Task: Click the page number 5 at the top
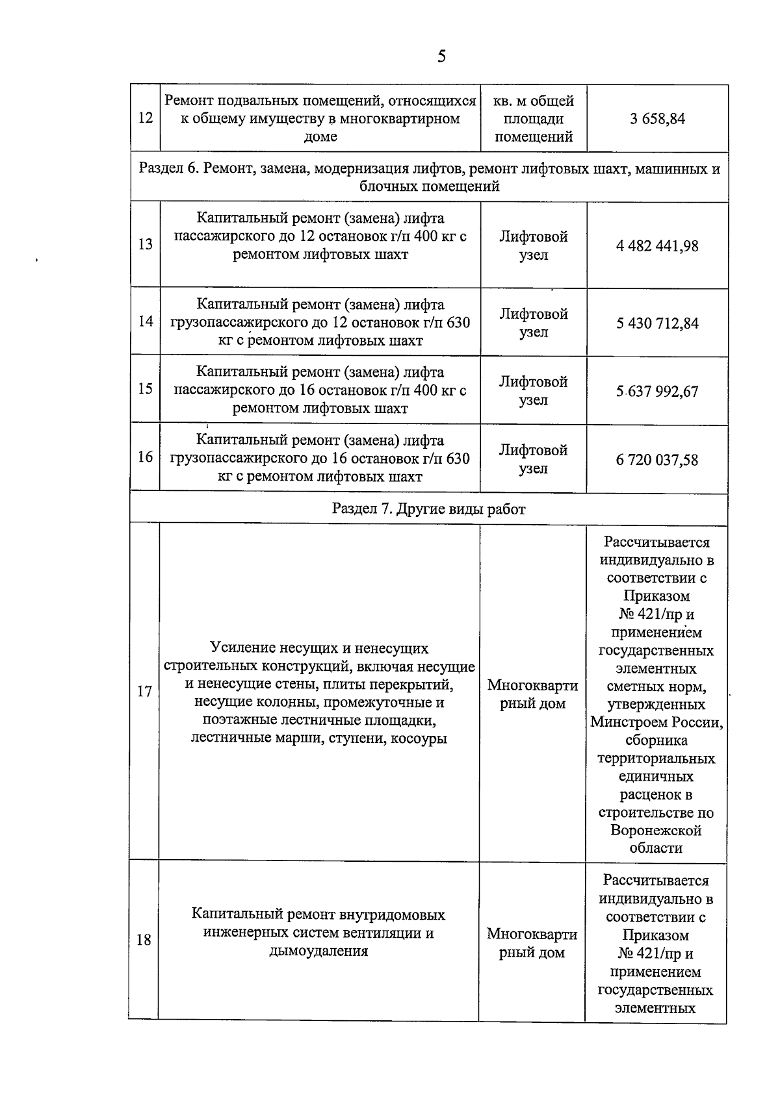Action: [441, 57]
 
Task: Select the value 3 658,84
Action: [657, 119]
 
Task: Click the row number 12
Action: [146, 118]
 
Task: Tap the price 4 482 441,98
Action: [657, 246]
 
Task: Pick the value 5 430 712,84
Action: [657, 323]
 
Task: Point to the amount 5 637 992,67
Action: [657, 392]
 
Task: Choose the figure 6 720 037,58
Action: [657, 460]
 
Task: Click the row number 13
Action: [146, 244]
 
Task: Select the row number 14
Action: [146, 321]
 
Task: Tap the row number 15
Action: [146, 389]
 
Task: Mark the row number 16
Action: [146, 457]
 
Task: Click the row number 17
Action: [144, 691]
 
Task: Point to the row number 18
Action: [144, 940]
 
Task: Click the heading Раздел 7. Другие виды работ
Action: [428, 509]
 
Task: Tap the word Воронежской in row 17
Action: [656, 831]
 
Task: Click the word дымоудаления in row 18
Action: [318, 951]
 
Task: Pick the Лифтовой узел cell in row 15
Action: [534, 391]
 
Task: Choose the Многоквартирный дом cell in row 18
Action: [532, 944]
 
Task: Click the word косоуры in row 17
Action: [419, 738]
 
